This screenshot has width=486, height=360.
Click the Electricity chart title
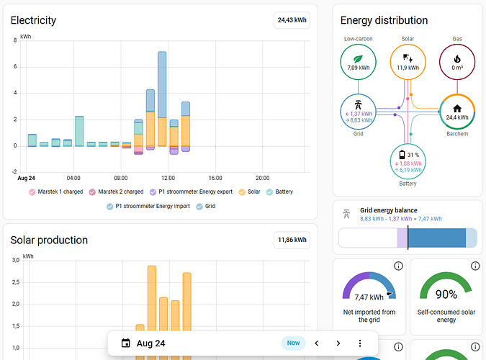click(33, 20)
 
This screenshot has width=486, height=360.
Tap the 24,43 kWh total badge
click(292, 20)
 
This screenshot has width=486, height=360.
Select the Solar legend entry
click(250, 192)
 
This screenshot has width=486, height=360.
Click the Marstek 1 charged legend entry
click(55, 192)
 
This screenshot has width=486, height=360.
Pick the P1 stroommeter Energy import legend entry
click(148, 206)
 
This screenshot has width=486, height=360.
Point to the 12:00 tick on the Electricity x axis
click(168, 178)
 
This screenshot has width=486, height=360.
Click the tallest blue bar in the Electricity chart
click(162, 85)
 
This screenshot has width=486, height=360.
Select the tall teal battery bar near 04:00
click(79, 131)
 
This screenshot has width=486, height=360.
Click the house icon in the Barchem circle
click(457, 109)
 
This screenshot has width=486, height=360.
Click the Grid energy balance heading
click(389, 210)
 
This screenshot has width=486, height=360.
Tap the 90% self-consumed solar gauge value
click(446, 294)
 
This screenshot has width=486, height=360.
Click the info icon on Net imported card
click(398, 266)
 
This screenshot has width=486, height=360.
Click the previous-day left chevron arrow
click(317, 343)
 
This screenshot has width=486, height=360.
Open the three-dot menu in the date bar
click(360, 343)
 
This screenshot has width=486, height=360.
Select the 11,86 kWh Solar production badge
click(292, 240)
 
